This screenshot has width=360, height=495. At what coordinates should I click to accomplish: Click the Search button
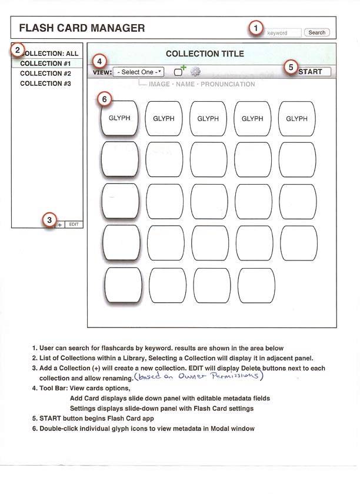point(317,33)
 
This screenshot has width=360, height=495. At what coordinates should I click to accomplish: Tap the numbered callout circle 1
point(255,27)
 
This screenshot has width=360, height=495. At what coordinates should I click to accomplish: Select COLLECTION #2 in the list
point(45,73)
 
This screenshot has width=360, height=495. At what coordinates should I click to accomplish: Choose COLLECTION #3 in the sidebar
point(45,83)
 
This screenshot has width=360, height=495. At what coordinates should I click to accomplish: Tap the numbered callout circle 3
point(49,220)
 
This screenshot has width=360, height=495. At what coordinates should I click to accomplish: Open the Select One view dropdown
point(139,72)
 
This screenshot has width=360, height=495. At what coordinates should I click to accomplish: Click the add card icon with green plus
point(179,71)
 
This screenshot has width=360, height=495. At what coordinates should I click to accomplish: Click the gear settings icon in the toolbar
point(196,72)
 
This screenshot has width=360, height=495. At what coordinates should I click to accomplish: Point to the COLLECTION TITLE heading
point(205,53)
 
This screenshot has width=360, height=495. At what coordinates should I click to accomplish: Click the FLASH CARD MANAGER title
point(82,28)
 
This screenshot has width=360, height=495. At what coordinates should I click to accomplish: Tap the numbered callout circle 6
point(104,99)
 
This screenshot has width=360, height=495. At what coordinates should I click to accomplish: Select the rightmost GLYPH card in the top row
point(296,118)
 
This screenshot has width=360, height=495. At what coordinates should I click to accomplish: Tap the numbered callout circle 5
point(291,66)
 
